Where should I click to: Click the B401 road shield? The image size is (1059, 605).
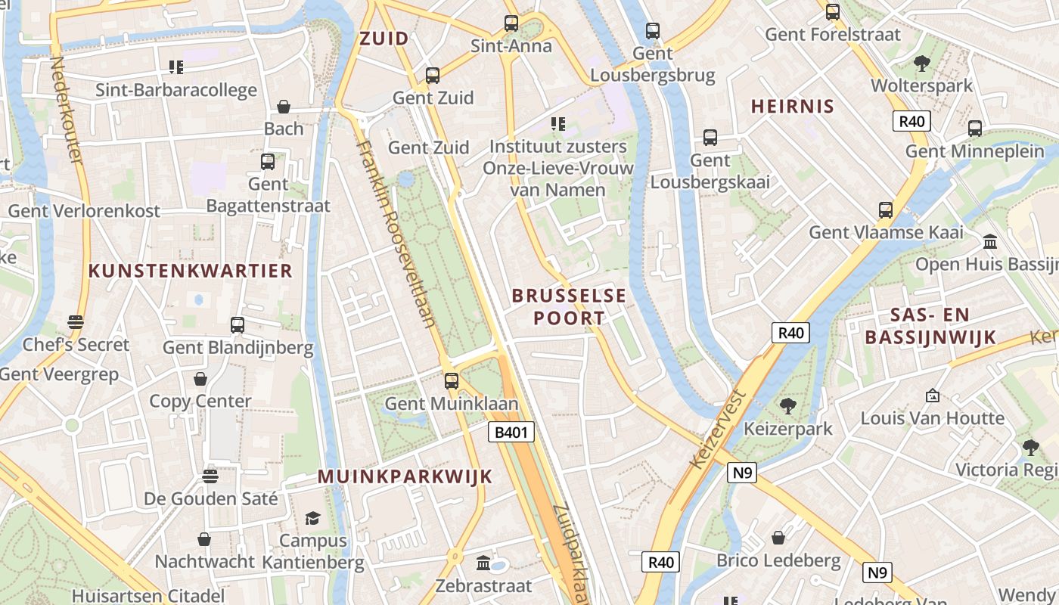[511, 433]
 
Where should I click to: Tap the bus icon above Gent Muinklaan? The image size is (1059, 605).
[452, 380]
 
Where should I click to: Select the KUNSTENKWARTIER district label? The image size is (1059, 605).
[190, 271]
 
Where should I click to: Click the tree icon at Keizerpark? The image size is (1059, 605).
[787, 406]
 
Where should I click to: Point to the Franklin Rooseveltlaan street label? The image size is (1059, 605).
[397, 234]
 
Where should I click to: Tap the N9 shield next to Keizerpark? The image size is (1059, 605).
[742, 473]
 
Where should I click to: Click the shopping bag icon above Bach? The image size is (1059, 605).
[284, 107]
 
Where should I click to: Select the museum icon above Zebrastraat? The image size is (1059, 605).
[483, 563]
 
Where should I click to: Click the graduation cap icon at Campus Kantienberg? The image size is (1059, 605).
[312, 518]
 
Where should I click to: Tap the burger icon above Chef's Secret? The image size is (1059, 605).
[75, 322]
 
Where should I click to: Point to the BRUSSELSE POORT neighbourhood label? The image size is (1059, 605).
[569, 306]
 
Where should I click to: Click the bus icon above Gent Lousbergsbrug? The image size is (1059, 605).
[652, 31]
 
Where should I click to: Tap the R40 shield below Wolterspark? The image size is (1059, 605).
[911, 121]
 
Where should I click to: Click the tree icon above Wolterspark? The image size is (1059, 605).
[921, 64]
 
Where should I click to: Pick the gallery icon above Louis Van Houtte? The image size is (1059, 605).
[933, 396]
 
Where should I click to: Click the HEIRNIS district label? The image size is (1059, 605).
[792, 106]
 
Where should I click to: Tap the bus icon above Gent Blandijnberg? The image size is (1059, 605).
[238, 325]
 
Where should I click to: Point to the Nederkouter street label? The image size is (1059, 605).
[66, 110]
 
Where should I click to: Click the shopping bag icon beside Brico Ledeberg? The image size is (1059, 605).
[778, 538]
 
